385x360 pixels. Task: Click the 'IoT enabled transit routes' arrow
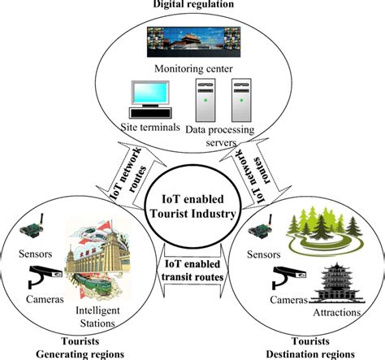[192, 273]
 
